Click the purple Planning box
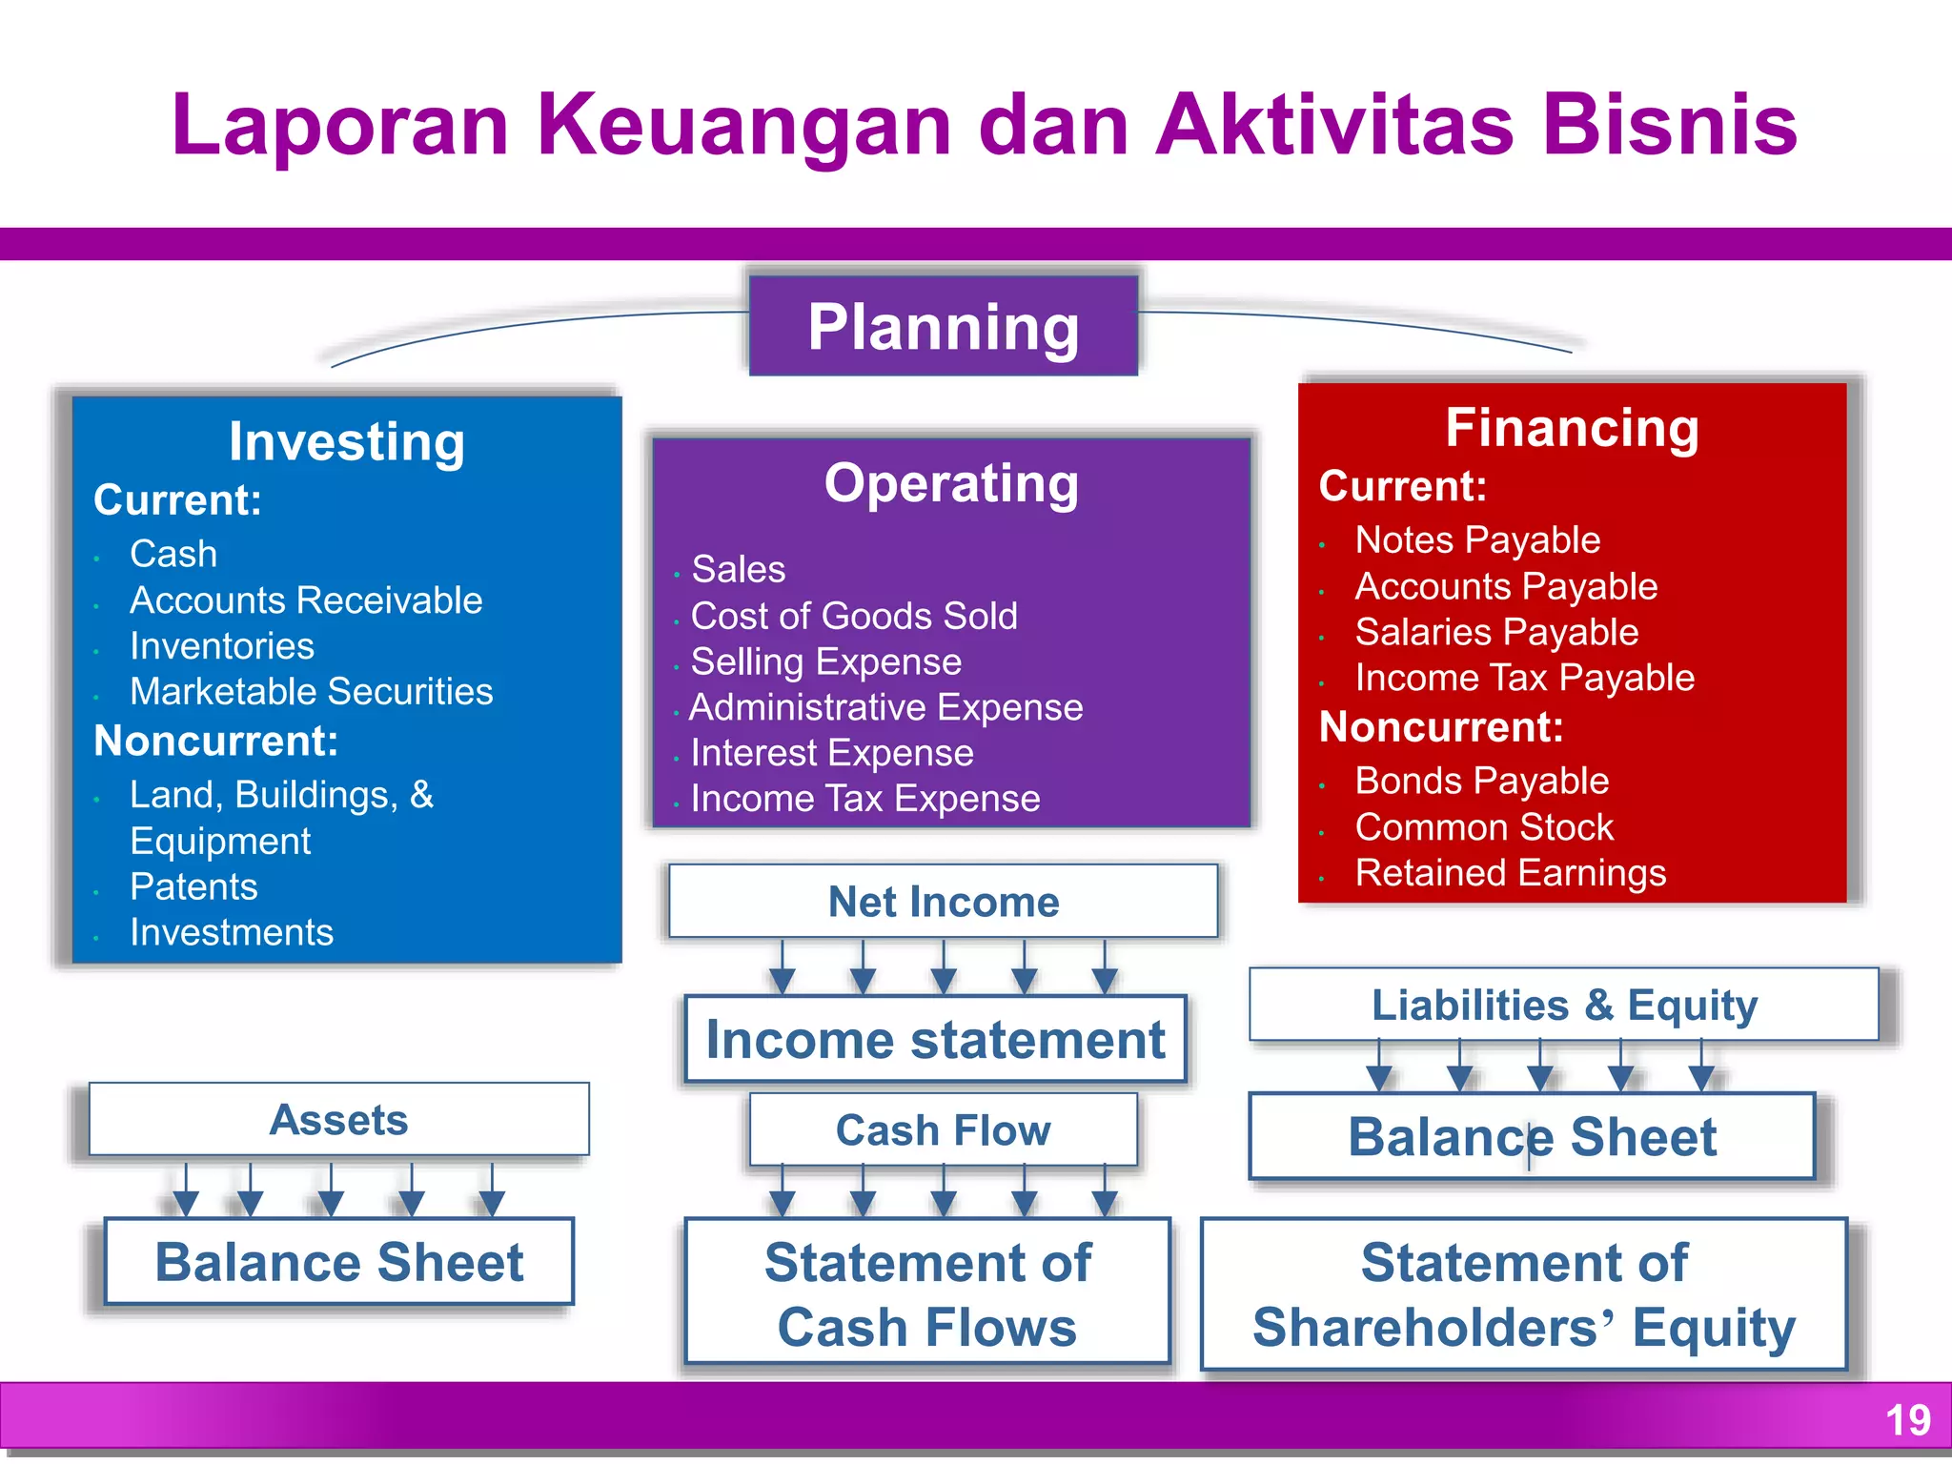943,326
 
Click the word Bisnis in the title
1669,125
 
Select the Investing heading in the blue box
347,441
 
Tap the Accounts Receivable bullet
306,600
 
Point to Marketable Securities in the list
311,691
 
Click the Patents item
193,886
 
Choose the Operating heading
951,483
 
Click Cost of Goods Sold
854,616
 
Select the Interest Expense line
832,753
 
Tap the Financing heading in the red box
1572,427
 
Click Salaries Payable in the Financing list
1496,632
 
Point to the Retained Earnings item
1511,873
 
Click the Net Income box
944,902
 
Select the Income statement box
935,1039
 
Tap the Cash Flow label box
944,1130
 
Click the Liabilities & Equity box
1564,1005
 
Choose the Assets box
339,1119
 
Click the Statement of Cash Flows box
927,1293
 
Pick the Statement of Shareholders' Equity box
1524,1293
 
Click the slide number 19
1907,1420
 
